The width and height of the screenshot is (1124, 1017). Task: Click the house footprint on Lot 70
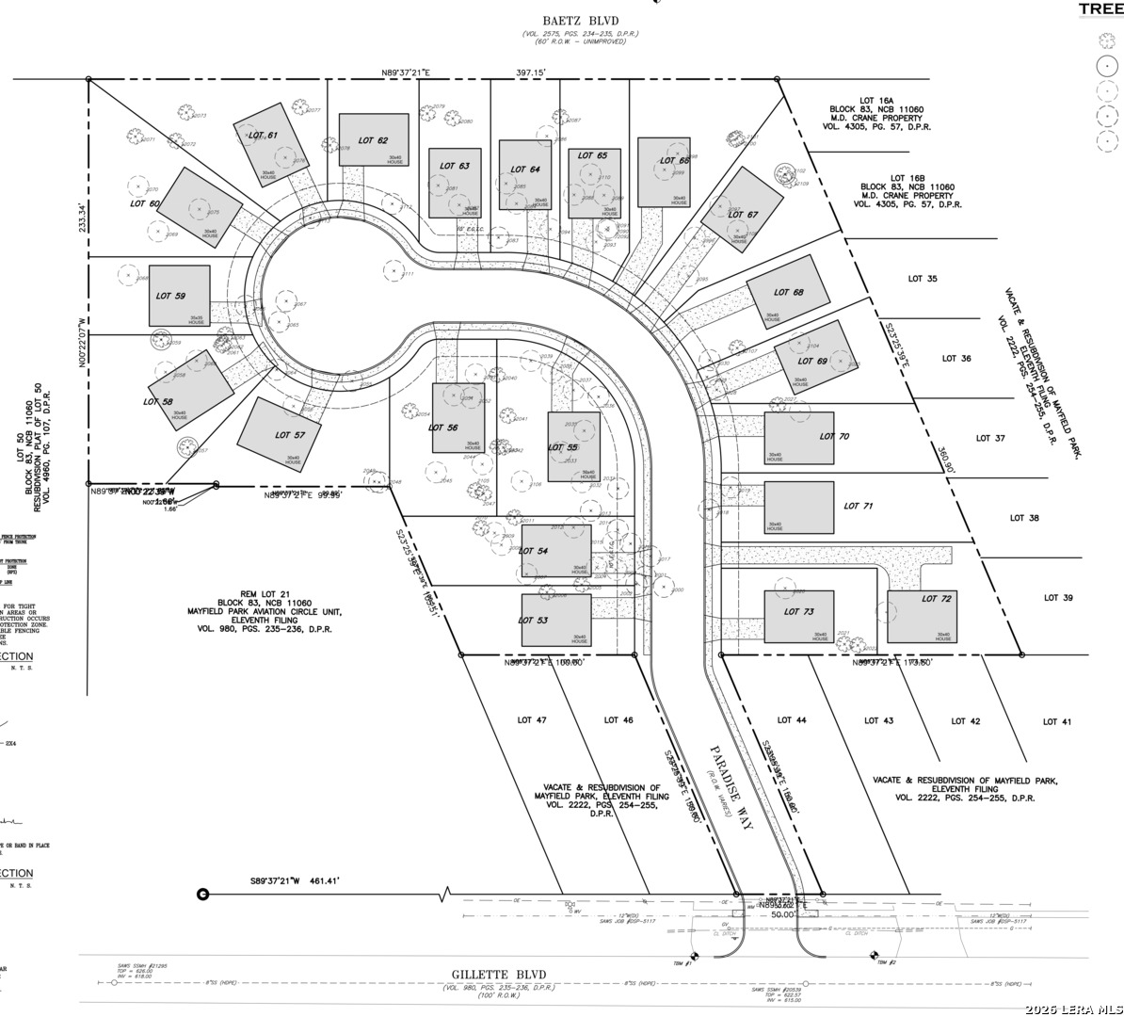point(798,439)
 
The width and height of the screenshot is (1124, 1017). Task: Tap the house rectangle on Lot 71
point(798,508)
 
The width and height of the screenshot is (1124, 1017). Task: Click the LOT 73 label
point(799,612)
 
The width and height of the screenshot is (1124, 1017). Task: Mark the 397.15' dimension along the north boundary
point(531,71)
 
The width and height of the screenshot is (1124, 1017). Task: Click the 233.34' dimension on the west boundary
point(82,218)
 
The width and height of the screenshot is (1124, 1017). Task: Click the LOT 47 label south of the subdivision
point(532,720)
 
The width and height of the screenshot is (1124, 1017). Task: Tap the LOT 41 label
point(1056,722)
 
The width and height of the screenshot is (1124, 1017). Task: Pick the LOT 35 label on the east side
point(923,279)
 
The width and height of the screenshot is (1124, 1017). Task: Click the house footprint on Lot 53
point(556,620)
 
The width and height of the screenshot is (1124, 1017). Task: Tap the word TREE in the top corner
point(1099,8)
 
